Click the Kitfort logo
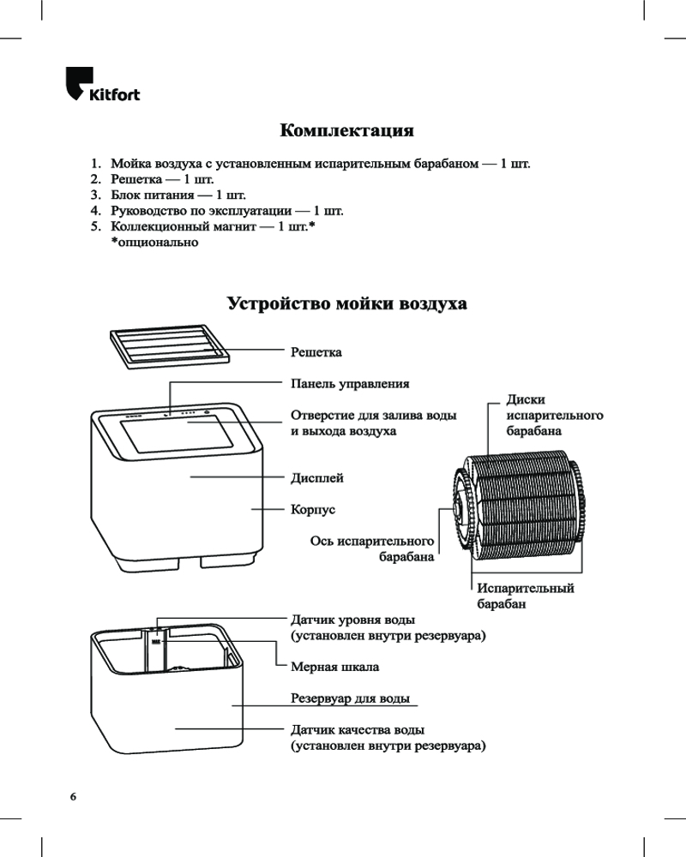(102, 86)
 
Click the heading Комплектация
(346, 131)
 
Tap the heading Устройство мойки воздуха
(346, 304)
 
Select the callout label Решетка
(316, 351)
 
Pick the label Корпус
(312, 509)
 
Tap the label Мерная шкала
(334, 666)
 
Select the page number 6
(73, 796)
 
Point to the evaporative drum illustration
(519, 505)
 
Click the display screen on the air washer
(176, 436)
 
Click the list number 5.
(96, 227)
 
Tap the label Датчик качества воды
(358, 729)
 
